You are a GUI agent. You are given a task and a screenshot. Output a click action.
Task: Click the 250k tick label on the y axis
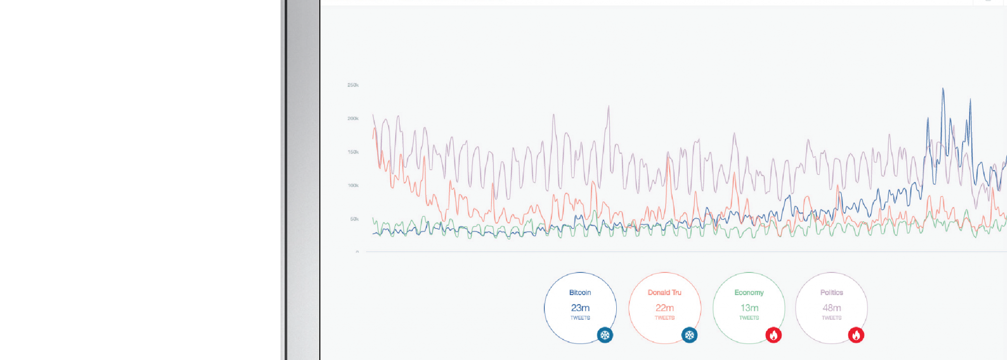click(x=353, y=85)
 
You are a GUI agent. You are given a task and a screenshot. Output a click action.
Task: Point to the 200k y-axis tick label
click(x=353, y=119)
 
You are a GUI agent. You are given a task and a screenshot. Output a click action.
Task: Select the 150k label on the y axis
click(x=353, y=152)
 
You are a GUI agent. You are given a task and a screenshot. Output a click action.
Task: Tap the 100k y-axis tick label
click(x=353, y=186)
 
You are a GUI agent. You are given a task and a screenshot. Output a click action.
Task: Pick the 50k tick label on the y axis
click(x=354, y=219)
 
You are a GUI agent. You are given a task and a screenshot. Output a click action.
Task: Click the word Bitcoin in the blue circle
click(x=580, y=293)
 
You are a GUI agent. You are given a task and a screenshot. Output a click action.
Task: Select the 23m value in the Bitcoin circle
click(x=580, y=308)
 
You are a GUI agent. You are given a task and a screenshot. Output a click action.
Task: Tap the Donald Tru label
click(x=665, y=293)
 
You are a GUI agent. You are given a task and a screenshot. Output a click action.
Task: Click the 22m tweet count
click(x=665, y=308)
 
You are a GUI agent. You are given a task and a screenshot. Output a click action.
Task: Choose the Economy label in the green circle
click(x=749, y=293)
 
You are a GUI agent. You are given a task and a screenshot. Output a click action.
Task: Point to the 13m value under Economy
click(x=749, y=308)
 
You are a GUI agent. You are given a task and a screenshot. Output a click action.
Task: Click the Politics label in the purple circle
click(x=831, y=293)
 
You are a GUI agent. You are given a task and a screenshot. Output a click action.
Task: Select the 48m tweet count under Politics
click(x=832, y=308)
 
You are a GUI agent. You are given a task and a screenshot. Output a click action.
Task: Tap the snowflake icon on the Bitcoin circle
click(x=605, y=335)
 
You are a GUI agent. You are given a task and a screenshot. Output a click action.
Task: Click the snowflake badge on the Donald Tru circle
click(x=689, y=335)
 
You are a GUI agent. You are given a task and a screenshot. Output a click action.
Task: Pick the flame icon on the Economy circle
click(x=773, y=335)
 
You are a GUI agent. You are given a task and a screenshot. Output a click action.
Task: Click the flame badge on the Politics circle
click(x=856, y=335)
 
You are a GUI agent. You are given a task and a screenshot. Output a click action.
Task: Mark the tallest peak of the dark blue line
click(x=943, y=89)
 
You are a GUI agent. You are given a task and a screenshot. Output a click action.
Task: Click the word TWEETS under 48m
click(x=832, y=318)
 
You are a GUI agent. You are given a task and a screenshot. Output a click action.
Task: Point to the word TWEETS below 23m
click(x=580, y=318)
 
